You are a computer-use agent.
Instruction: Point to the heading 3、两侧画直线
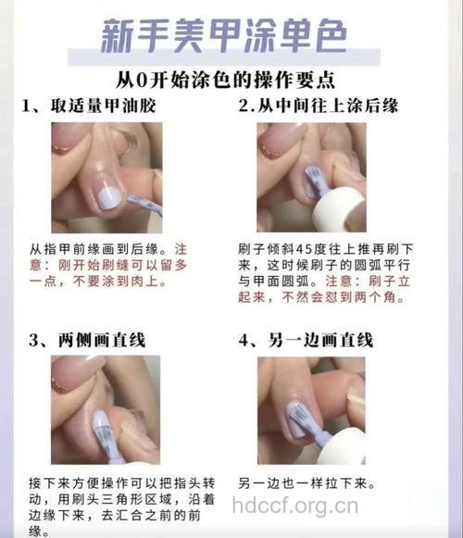pyautogui.click(x=88, y=340)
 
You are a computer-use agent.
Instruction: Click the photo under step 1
pyautogui.click(x=106, y=177)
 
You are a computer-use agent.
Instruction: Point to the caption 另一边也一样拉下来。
pyautogui.click(x=306, y=483)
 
